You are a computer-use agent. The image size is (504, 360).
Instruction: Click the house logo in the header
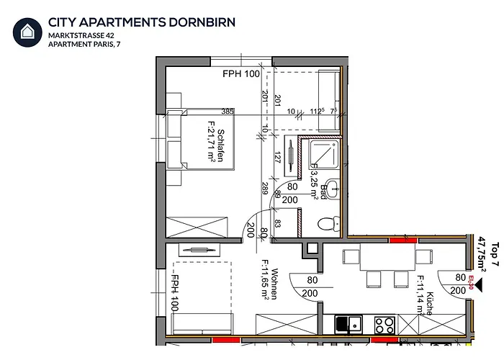click(27, 32)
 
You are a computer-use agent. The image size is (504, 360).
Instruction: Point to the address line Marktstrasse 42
click(81, 35)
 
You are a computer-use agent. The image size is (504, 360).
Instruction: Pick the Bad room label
click(325, 192)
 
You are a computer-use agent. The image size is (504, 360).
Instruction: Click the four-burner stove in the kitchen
click(384, 324)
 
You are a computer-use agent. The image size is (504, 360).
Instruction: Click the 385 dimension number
click(228, 112)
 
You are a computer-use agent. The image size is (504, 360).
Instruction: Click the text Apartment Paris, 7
click(85, 45)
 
